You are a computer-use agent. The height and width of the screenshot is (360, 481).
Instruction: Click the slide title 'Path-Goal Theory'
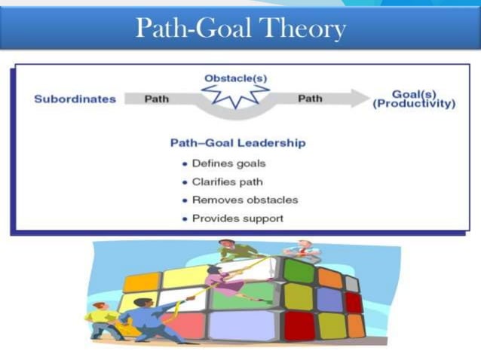click(x=240, y=28)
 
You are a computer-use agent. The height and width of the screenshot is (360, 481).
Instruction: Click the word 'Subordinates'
click(x=75, y=99)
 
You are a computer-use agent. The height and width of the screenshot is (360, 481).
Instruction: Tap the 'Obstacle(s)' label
click(x=235, y=78)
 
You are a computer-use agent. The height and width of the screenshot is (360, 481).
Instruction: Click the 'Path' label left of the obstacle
click(x=156, y=99)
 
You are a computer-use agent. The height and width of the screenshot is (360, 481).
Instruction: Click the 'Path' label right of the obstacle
click(x=310, y=99)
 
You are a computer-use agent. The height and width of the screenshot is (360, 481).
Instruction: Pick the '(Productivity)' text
click(x=414, y=104)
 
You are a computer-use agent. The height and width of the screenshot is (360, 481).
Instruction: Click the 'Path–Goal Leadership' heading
click(x=238, y=142)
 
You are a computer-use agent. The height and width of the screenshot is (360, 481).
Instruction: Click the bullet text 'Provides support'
click(x=237, y=218)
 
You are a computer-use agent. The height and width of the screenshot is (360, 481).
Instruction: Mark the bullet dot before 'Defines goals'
click(x=185, y=163)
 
